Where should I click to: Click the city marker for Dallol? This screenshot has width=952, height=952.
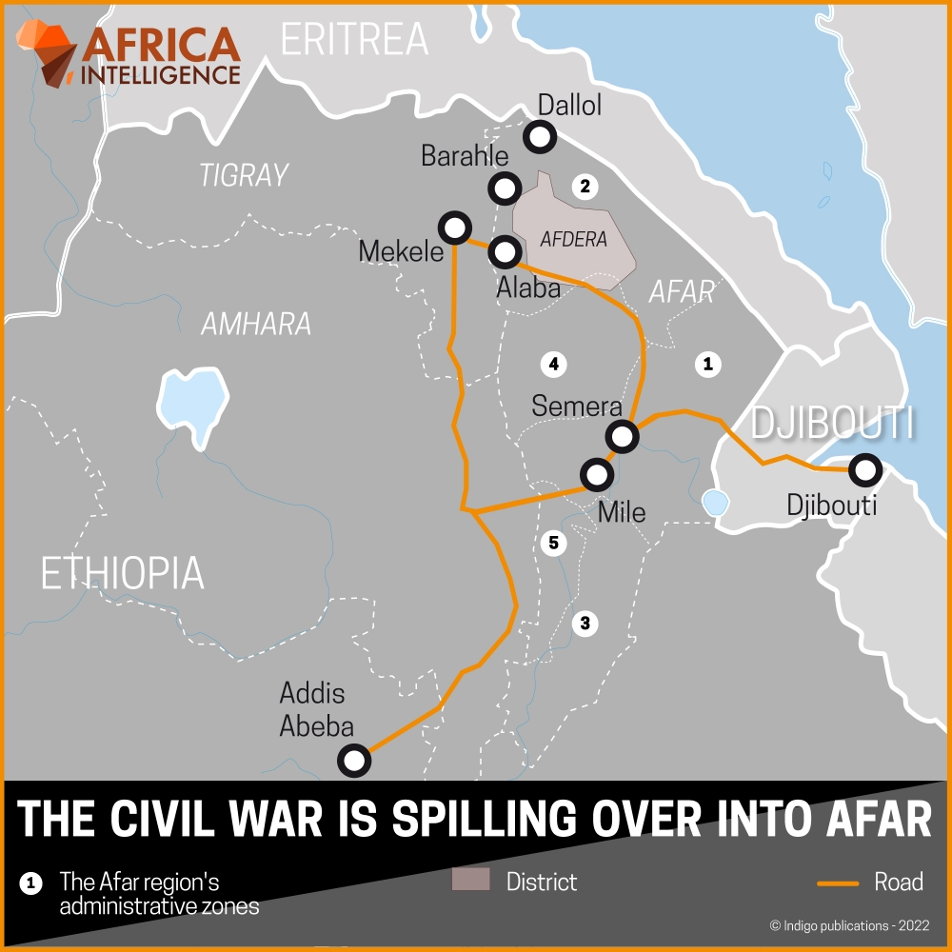(x=541, y=137)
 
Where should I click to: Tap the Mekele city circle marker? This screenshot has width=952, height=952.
(x=454, y=228)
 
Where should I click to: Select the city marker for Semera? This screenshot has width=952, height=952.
(x=622, y=436)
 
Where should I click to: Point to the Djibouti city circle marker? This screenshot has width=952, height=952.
(x=865, y=468)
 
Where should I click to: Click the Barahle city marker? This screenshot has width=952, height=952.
(x=504, y=188)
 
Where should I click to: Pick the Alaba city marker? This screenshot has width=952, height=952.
(x=506, y=252)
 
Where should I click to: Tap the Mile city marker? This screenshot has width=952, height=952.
(x=596, y=473)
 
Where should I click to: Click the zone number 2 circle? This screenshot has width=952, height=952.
(x=585, y=187)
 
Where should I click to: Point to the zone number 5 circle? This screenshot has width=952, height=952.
(x=552, y=544)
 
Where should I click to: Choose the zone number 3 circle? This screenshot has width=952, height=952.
(x=585, y=624)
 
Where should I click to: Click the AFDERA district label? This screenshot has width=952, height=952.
(x=573, y=240)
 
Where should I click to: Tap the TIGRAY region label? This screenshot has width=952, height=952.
(x=244, y=175)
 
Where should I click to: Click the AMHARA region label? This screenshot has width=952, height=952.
(x=255, y=324)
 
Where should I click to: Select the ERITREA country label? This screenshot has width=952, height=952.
(x=354, y=39)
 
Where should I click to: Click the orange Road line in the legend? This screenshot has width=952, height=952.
(x=838, y=883)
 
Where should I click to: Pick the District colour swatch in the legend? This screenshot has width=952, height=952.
(x=470, y=880)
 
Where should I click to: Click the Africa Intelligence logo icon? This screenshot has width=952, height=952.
(x=50, y=54)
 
